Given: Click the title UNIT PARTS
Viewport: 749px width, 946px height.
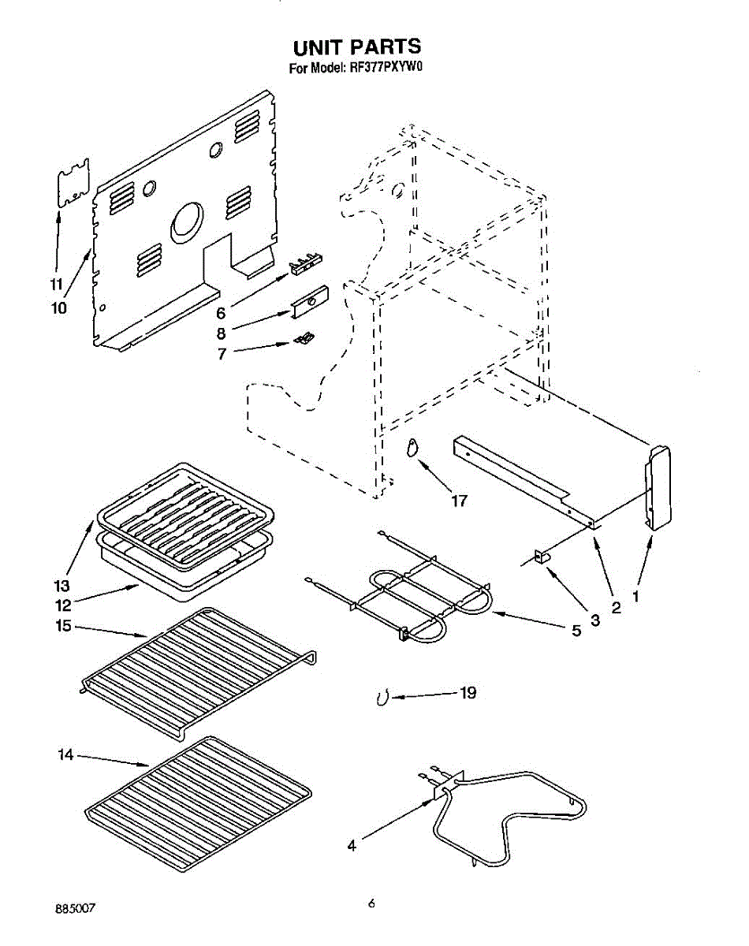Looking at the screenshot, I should pos(357,47).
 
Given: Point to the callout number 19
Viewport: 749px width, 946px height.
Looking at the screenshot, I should pos(468,693).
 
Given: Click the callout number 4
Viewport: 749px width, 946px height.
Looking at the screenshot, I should pos(352,847).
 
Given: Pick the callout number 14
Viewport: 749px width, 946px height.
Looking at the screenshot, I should pos(65,755).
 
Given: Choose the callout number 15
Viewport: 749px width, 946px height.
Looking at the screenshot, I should pos(64,627).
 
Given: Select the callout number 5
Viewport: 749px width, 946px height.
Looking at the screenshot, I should pos(576,630).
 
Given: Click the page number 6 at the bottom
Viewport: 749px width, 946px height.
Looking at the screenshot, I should pos(371,904).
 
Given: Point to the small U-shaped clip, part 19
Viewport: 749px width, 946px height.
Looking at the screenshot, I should pos(382,698).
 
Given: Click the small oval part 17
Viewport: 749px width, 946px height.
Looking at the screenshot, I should pos(411,449).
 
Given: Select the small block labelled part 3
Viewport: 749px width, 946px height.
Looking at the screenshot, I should pos(542,557).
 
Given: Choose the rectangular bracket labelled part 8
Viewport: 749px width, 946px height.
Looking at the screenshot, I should pos(310,302).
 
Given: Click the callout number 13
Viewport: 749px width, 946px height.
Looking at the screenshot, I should pos(62,587).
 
